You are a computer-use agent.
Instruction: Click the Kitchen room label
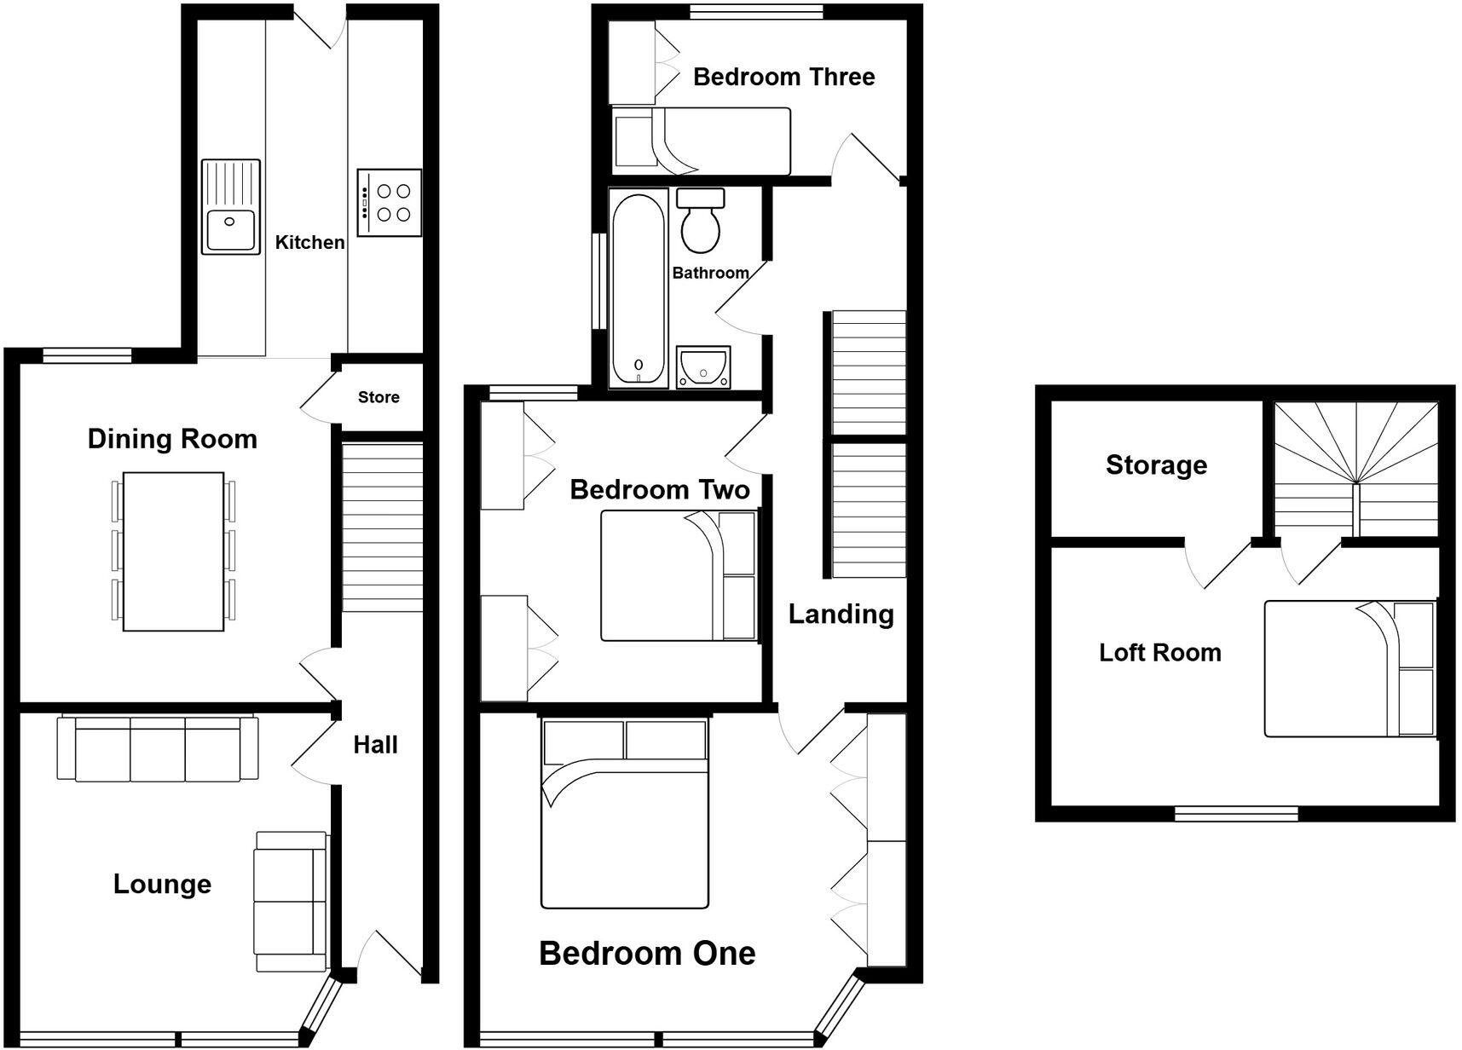[309, 242]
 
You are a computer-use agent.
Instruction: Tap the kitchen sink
[230, 207]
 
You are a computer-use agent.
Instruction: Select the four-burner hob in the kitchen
[390, 203]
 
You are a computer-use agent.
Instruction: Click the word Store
[379, 397]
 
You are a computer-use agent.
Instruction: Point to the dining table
[173, 551]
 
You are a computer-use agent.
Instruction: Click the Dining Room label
[172, 439]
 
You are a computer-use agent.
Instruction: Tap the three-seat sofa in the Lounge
[157, 749]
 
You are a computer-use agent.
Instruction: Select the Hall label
[375, 745]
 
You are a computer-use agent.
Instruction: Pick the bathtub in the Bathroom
[638, 291]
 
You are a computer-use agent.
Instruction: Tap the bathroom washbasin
[703, 367]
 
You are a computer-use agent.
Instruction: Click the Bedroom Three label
[783, 77]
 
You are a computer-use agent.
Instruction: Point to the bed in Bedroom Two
[679, 575]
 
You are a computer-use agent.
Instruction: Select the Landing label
[841, 614]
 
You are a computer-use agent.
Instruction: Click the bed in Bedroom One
[625, 814]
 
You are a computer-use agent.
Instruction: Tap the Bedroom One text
[647, 953]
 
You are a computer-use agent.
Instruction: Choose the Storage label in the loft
[1156, 464]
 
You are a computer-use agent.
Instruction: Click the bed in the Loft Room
[1349, 669]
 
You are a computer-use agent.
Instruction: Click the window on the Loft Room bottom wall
[1236, 814]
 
